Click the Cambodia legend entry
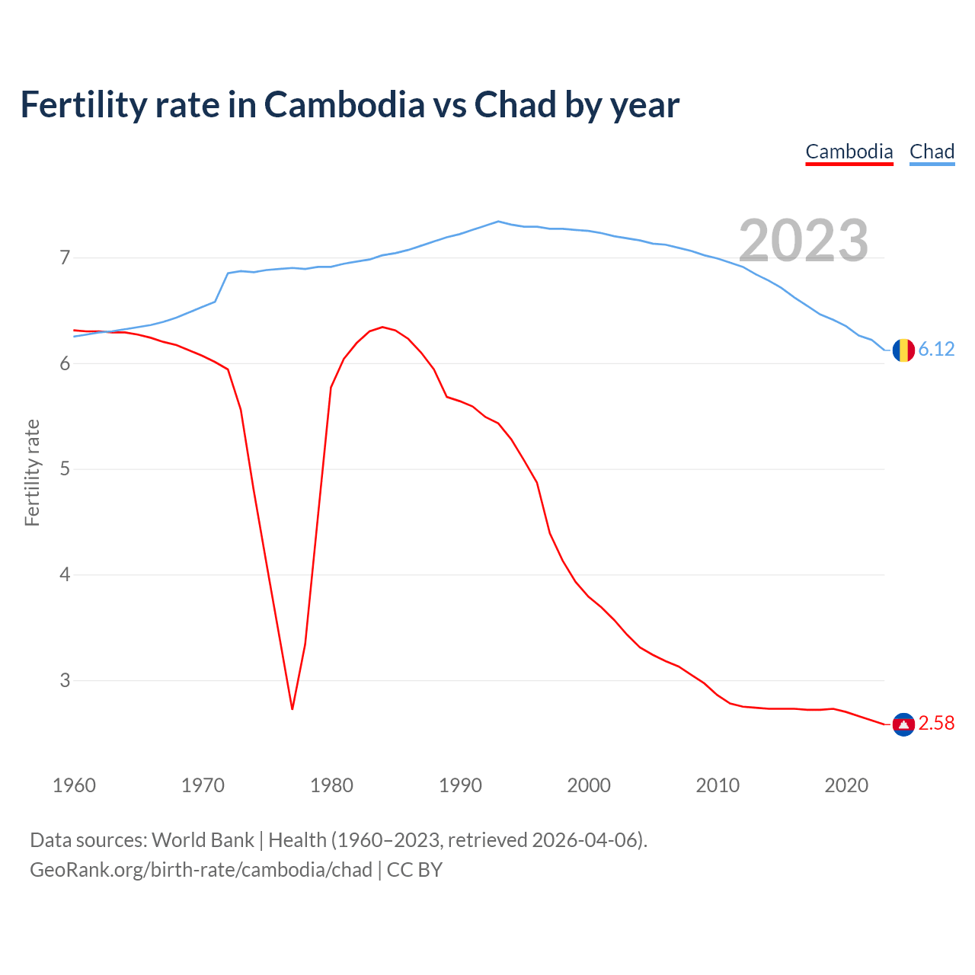click(x=849, y=152)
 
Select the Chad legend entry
click(x=932, y=152)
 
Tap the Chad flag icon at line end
click(x=903, y=350)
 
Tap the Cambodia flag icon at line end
click(x=903, y=724)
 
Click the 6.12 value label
click(x=936, y=350)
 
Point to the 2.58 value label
click(x=936, y=724)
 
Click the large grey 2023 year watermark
click(x=804, y=241)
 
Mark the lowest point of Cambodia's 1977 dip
click(x=292, y=709)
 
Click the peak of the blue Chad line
click(x=498, y=222)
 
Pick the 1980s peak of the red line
click(x=382, y=327)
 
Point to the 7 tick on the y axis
click(x=65, y=258)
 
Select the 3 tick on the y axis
click(x=65, y=680)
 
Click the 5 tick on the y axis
click(x=65, y=469)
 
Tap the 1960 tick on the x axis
click(x=74, y=785)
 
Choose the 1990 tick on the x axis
click(x=460, y=785)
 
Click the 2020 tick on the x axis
click(x=846, y=785)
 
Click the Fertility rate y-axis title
click(x=32, y=472)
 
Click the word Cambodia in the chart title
click(x=344, y=105)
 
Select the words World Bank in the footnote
click(x=203, y=840)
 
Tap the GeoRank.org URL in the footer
click(x=201, y=870)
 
